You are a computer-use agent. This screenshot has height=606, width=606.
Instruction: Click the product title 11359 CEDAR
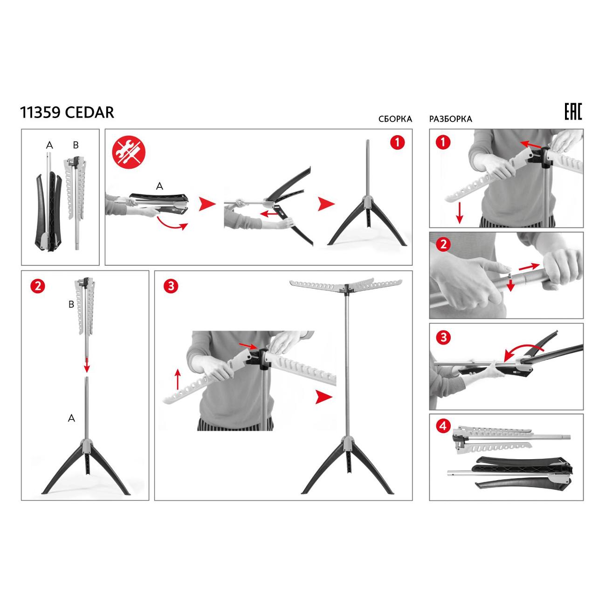point(67,112)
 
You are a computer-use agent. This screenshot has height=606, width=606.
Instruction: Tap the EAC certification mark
point(573,112)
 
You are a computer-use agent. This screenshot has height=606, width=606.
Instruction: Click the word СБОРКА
point(395,119)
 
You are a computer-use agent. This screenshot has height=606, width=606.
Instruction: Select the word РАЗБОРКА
point(450,119)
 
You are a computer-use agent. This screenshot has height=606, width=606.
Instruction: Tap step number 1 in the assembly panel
point(397,143)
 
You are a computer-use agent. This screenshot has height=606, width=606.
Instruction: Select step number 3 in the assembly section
point(171,286)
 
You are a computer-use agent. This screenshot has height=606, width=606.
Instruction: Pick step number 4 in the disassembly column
point(444,425)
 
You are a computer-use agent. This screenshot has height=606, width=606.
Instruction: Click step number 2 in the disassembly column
point(444,244)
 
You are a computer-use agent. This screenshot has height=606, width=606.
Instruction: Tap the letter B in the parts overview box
point(76,145)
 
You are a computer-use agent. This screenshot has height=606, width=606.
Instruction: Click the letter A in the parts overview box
point(49,145)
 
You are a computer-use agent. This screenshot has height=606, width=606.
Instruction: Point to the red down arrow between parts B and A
point(87,365)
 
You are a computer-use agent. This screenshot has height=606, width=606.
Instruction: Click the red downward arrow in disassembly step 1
point(459,213)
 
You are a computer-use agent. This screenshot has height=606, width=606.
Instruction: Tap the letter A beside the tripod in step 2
point(71,418)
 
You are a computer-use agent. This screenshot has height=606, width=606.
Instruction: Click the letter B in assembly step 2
point(71,304)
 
